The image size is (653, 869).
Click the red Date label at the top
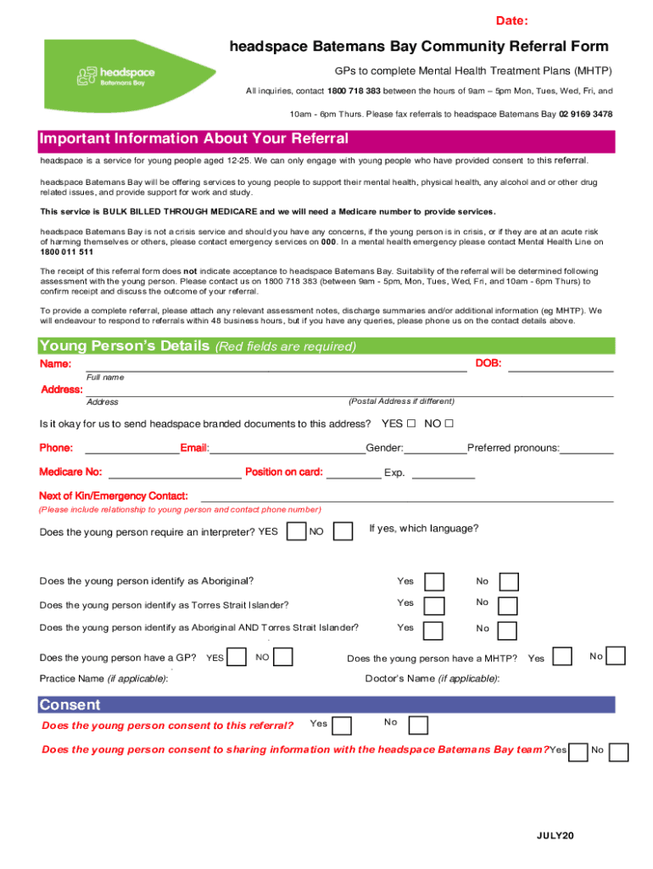click(512, 20)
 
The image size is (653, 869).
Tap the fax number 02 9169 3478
click(585, 114)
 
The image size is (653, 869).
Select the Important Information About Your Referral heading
click(193, 138)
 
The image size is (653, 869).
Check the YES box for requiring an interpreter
click(296, 531)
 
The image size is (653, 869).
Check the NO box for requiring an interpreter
click(343, 531)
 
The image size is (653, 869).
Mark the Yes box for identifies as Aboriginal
click(433, 581)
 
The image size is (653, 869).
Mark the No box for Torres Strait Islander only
click(509, 605)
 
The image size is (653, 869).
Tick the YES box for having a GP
click(238, 657)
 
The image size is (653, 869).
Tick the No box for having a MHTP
click(616, 656)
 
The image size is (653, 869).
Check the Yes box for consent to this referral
click(343, 726)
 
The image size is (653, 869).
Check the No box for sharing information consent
click(619, 752)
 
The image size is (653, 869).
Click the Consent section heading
click(70, 704)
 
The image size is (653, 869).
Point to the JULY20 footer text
click(555, 837)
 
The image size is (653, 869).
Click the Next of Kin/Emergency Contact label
click(114, 496)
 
